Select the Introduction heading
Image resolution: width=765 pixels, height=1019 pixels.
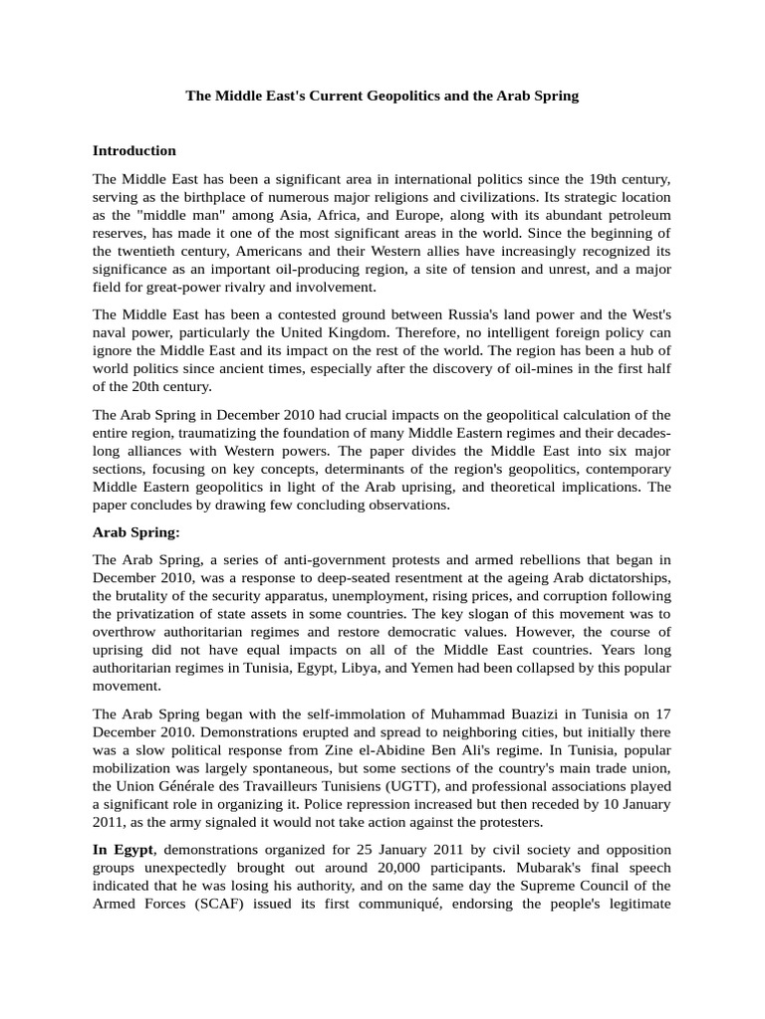click(134, 151)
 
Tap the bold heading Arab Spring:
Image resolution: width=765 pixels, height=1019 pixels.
click(136, 532)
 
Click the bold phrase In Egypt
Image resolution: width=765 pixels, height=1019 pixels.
click(125, 850)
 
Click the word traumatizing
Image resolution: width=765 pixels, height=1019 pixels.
click(218, 432)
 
